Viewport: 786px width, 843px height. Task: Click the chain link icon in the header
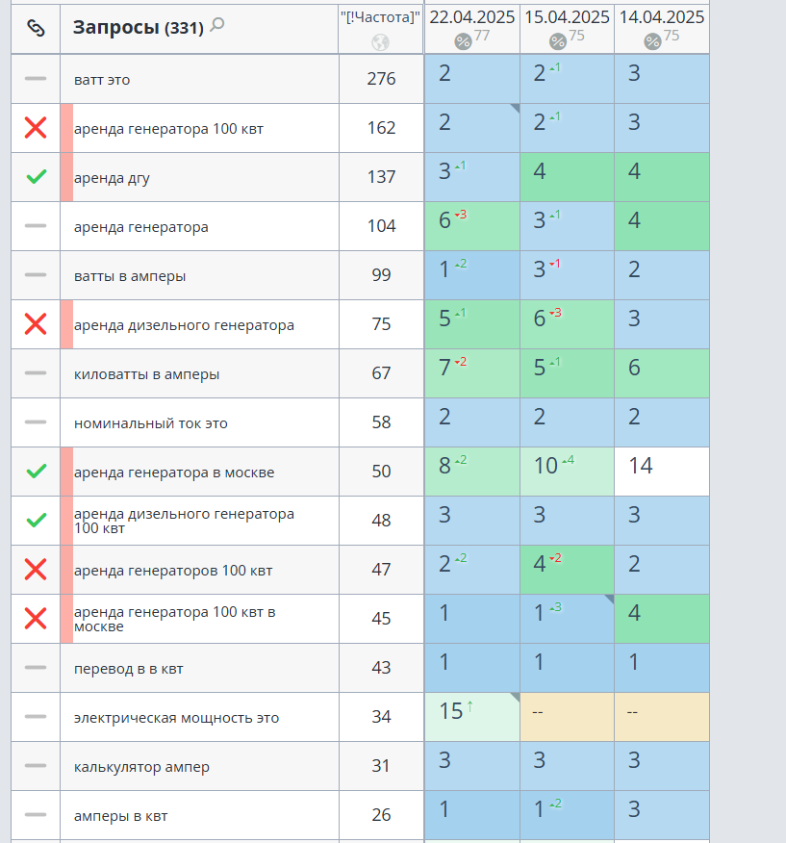click(x=36, y=28)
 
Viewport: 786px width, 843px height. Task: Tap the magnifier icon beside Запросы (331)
click(x=217, y=25)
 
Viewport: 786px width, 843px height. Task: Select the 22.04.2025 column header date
click(x=471, y=17)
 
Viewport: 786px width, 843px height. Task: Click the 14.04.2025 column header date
click(x=662, y=17)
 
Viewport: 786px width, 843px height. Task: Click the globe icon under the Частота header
click(x=381, y=42)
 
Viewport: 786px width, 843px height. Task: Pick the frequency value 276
click(x=381, y=79)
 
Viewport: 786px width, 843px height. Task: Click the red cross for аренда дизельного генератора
click(x=36, y=324)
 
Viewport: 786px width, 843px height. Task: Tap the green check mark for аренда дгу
click(x=36, y=177)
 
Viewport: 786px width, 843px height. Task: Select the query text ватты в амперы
click(x=130, y=276)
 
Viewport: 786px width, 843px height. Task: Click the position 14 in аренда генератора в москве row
click(x=641, y=467)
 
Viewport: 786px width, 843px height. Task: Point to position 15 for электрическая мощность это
click(x=451, y=712)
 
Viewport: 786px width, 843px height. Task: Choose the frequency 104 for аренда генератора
click(x=381, y=226)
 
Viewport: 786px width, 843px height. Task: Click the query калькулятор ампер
click(x=141, y=767)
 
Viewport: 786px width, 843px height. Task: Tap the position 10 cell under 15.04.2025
click(x=545, y=467)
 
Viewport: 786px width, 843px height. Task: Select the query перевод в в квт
click(x=129, y=669)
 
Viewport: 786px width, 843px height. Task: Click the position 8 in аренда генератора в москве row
click(x=444, y=467)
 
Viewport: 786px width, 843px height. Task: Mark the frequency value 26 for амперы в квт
click(x=381, y=815)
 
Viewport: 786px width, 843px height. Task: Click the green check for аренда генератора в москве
click(x=36, y=472)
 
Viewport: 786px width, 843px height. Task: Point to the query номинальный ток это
click(x=150, y=423)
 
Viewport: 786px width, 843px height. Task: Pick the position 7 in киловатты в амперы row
click(x=444, y=369)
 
